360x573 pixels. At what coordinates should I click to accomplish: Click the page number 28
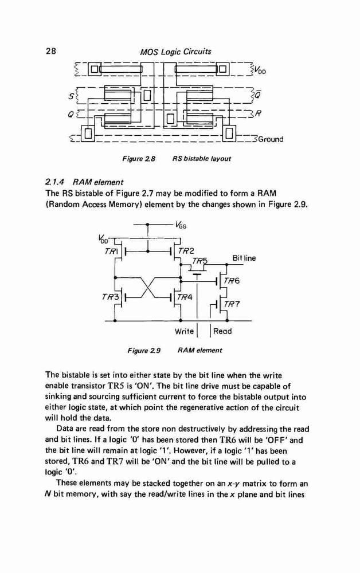point(51,51)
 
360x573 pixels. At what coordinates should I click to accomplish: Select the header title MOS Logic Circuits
point(176,52)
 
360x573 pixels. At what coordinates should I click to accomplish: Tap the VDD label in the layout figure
point(260,70)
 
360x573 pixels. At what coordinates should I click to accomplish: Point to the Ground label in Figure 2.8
point(271,139)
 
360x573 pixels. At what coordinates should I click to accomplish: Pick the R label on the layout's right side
point(258,113)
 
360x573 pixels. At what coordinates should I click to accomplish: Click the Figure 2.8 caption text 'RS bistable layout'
point(202,159)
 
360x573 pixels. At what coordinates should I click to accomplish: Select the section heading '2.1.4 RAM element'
point(84,182)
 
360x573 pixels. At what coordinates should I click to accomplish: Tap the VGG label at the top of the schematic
point(181,225)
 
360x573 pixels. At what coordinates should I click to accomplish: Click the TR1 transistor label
point(111,251)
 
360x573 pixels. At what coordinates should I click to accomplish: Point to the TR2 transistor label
point(186,251)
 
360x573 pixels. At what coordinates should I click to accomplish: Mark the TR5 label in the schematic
point(199,261)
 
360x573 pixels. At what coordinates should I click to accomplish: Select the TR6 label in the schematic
point(232,281)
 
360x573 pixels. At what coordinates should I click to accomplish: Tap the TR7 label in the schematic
point(232,304)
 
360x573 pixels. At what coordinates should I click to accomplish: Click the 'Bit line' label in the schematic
point(244,258)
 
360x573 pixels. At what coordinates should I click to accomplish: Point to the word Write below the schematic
point(184,331)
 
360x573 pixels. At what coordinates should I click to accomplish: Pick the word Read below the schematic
point(222,331)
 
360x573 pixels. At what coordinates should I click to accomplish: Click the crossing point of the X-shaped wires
point(148,288)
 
